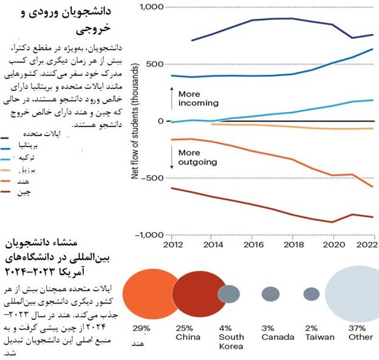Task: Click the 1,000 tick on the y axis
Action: click(x=151, y=7)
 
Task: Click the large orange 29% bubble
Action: click(x=150, y=294)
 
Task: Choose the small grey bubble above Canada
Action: click(x=270, y=294)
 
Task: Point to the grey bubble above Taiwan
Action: click(x=312, y=294)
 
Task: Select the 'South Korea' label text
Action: click(x=231, y=341)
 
